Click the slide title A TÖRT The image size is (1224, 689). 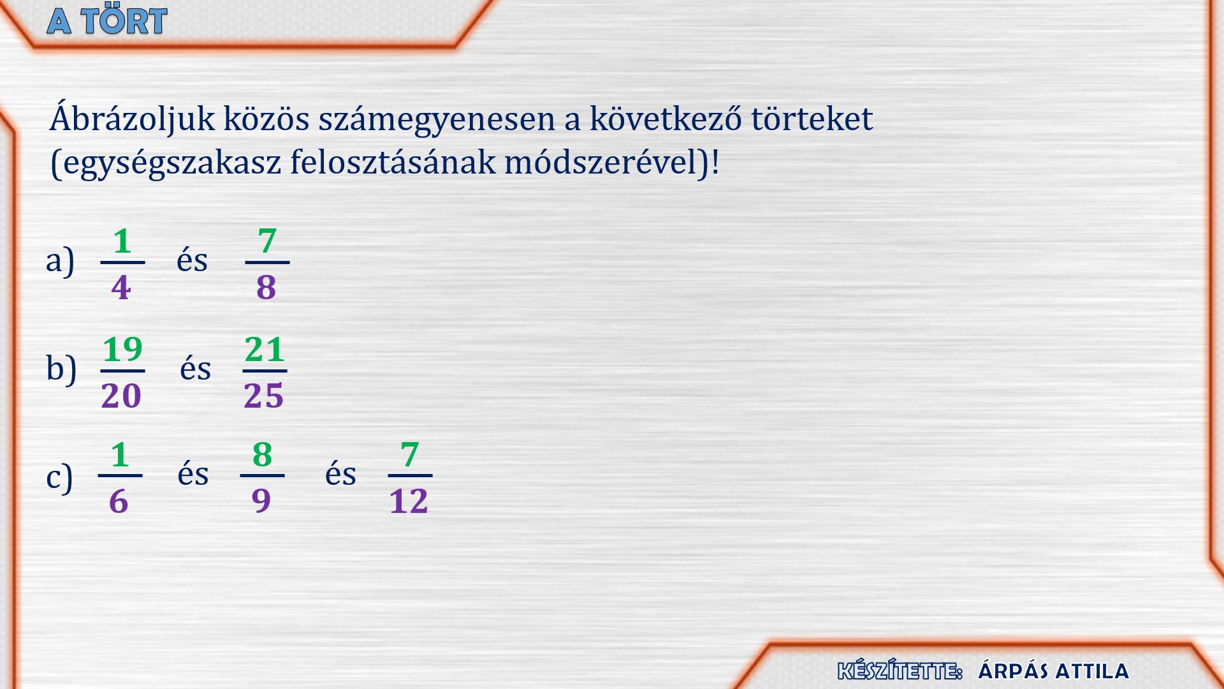coord(107,20)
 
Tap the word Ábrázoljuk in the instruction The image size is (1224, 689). coord(132,118)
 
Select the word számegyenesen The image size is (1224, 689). coord(437,120)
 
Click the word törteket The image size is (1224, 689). coord(812,118)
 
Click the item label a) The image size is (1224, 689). coord(61,260)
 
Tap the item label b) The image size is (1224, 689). coord(61,368)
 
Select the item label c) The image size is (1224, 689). coord(59,477)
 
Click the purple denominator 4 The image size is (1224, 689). coord(121,287)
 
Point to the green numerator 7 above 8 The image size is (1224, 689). coord(267,241)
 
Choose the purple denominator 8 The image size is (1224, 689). coord(266,287)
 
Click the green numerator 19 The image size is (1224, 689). coord(122,350)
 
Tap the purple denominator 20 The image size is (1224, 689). coord(121,396)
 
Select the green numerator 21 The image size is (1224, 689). coord(265,350)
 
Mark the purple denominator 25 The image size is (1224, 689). coord(263,396)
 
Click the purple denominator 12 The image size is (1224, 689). coord(409,501)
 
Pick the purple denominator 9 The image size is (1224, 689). coord(261,501)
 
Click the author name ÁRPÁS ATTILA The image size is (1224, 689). coord(1053,670)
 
